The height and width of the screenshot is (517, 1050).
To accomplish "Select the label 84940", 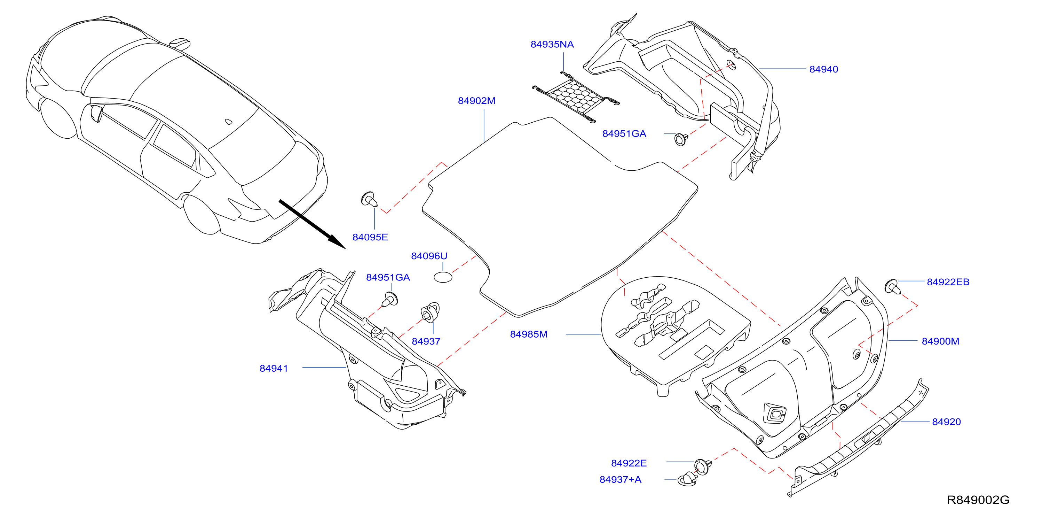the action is click(x=823, y=69).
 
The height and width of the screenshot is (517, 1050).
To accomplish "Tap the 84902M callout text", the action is click(x=476, y=101).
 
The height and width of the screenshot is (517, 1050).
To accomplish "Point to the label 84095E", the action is click(x=370, y=237).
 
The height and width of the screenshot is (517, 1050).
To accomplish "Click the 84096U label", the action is click(x=429, y=256).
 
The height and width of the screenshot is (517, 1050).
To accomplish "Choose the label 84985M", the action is click(x=529, y=334).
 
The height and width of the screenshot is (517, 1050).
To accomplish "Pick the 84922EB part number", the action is click(x=948, y=282).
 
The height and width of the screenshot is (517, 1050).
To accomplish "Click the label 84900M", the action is click(x=940, y=341).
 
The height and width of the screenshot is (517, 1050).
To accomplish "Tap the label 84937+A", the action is click(x=621, y=479).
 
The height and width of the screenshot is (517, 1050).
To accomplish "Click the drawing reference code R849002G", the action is click(x=978, y=500).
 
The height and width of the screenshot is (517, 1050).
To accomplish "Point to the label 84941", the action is click(x=274, y=369).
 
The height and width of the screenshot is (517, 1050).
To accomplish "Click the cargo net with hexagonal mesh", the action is click(x=576, y=97).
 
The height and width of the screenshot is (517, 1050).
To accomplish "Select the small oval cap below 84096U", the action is click(x=443, y=277).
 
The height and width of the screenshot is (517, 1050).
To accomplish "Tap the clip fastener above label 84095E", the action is click(x=370, y=199).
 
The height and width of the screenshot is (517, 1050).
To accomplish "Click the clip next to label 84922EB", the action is click(x=893, y=286).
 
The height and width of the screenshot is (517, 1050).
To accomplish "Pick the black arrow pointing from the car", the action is click(x=312, y=224).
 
